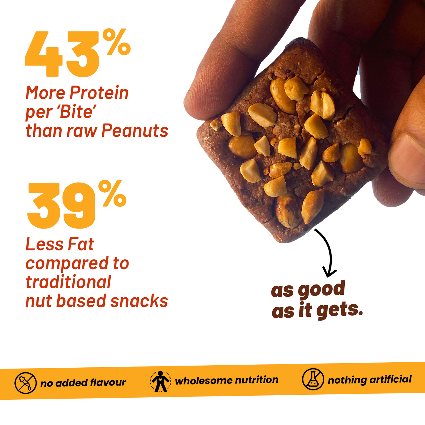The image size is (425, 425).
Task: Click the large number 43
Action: click(x=62, y=54)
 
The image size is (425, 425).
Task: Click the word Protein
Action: click(x=99, y=93)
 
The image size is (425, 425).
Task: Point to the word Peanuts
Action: click(x=135, y=131)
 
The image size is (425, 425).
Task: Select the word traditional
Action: click(x=68, y=282)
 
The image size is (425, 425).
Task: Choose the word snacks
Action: click(x=139, y=301)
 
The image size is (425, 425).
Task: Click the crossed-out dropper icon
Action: click(x=25, y=383)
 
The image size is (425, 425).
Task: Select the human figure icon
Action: click(x=160, y=381)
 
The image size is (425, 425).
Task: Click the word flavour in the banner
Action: click(x=108, y=383)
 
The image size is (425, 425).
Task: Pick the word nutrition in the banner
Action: click(x=256, y=380)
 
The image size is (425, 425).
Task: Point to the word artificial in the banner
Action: click(x=390, y=379)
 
